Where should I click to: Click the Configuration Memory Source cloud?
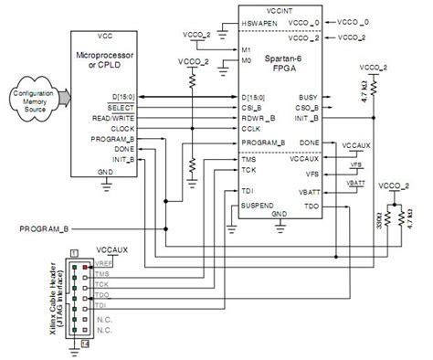point(33,101)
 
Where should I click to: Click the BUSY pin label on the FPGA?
point(308,97)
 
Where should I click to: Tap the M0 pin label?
point(246,62)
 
